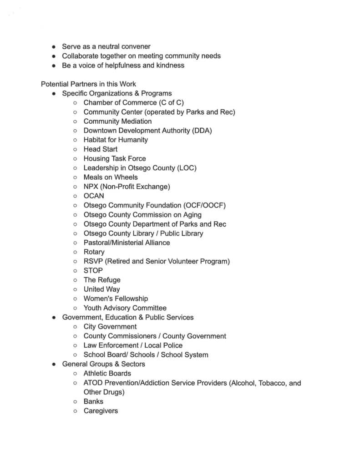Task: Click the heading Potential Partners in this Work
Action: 88,84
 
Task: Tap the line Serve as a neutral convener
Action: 106,46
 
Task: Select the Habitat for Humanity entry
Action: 116,140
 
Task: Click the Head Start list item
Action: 100,149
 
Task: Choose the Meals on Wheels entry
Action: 110,177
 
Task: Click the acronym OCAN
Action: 94,196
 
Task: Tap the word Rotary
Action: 94,252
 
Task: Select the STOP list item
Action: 93,270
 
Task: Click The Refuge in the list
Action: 102,280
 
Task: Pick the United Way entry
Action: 101,289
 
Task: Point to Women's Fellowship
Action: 116,299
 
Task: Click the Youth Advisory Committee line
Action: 125,308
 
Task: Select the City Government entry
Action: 110,327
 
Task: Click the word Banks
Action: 93,401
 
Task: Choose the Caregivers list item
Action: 101,411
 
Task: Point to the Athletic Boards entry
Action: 107,374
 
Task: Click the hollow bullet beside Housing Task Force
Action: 75,159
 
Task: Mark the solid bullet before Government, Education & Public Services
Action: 54,318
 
